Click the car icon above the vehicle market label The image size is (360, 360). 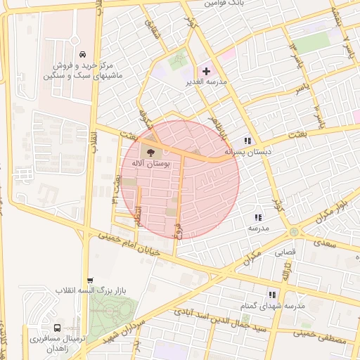coord(83,54)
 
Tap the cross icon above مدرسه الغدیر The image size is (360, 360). coord(205,71)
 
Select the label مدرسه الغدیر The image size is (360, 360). coord(225,82)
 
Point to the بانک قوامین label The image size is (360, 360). coord(224,4)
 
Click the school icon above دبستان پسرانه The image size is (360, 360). coord(247,140)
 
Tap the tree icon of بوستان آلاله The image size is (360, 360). coord(150,150)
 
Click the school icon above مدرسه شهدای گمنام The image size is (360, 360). coord(271,295)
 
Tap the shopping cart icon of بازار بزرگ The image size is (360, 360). coord(89,280)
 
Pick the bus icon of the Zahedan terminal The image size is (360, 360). coord(56,328)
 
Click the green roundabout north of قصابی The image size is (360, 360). coord(293,231)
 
